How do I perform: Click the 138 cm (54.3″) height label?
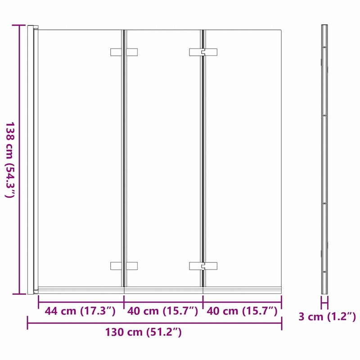[x=10, y=160]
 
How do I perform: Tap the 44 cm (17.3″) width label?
[x=80, y=310]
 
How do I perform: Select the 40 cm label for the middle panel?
[x=162, y=310]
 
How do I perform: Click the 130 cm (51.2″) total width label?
[x=143, y=333]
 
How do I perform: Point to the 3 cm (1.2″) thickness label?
[x=327, y=317]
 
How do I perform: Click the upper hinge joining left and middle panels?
[x=124, y=52]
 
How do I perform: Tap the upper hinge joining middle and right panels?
[x=203, y=52]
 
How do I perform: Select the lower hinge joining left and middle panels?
[x=124, y=266]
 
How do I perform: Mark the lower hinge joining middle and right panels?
[x=203, y=266]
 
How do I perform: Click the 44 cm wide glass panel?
[x=79, y=157]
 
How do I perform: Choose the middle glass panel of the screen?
[x=163, y=157]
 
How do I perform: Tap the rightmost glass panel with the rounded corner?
[x=243, y=157]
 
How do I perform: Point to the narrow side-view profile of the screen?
[x=324, y=157]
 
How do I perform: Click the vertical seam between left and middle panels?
[x=122, y=157]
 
